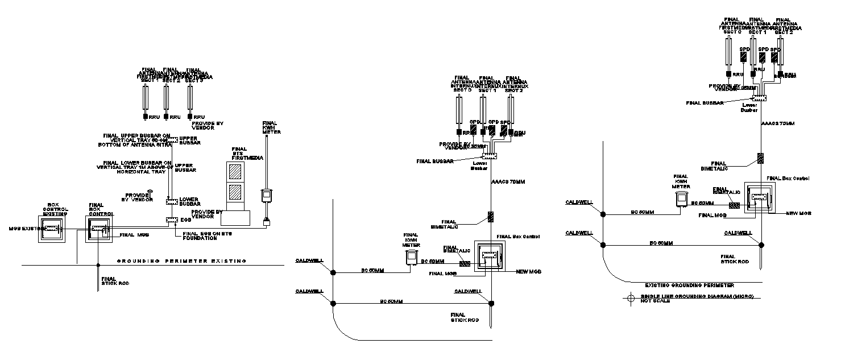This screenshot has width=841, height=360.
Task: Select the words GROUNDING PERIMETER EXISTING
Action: [181, 261]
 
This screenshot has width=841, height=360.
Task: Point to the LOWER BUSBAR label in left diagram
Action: [189, 202]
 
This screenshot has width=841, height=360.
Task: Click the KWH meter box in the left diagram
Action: [266, 196]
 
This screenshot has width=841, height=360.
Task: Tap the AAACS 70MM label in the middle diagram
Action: [507, 183]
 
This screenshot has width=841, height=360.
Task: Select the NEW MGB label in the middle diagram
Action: [528, 272]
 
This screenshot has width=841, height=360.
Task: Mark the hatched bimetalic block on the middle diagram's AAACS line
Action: [491, 217]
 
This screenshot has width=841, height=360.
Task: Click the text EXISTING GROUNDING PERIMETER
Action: [689, 285]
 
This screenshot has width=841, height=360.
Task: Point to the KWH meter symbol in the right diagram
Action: [680, 199]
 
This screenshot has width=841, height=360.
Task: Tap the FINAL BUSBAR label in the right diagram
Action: [705, 103]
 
